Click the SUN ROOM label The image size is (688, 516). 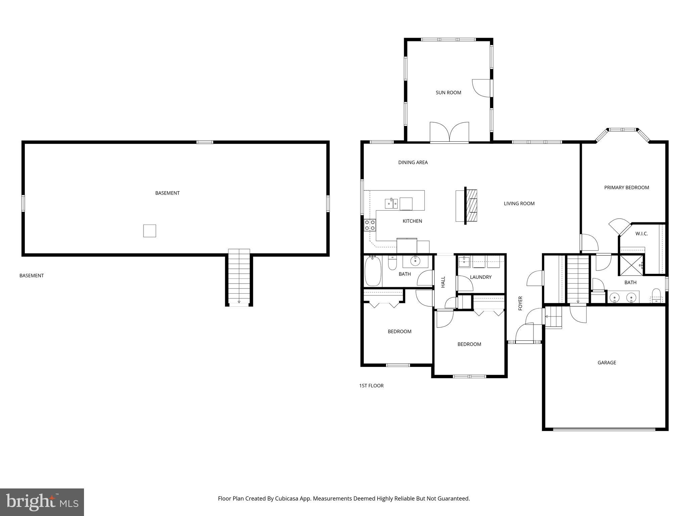(448, 93)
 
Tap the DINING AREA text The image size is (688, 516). (413, 163)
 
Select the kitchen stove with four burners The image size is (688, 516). (370, 225)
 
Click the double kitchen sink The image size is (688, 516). (391, 203)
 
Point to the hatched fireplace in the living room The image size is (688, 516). (472, 206)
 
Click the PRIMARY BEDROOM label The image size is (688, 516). (626, 188)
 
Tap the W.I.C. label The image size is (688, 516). (641, 234)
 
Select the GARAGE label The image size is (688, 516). (606, 362)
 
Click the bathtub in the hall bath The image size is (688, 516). (373, 271)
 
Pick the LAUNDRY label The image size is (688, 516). (480, 277)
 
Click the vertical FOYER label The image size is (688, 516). (520, 303)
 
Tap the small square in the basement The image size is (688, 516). (149, 231)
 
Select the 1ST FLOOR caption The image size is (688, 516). (371, 386)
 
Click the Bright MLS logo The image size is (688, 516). (42, 502)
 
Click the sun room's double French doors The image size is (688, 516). (449, 133)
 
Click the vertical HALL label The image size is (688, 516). (443, 282)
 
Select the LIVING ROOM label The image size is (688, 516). (519, 204)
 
